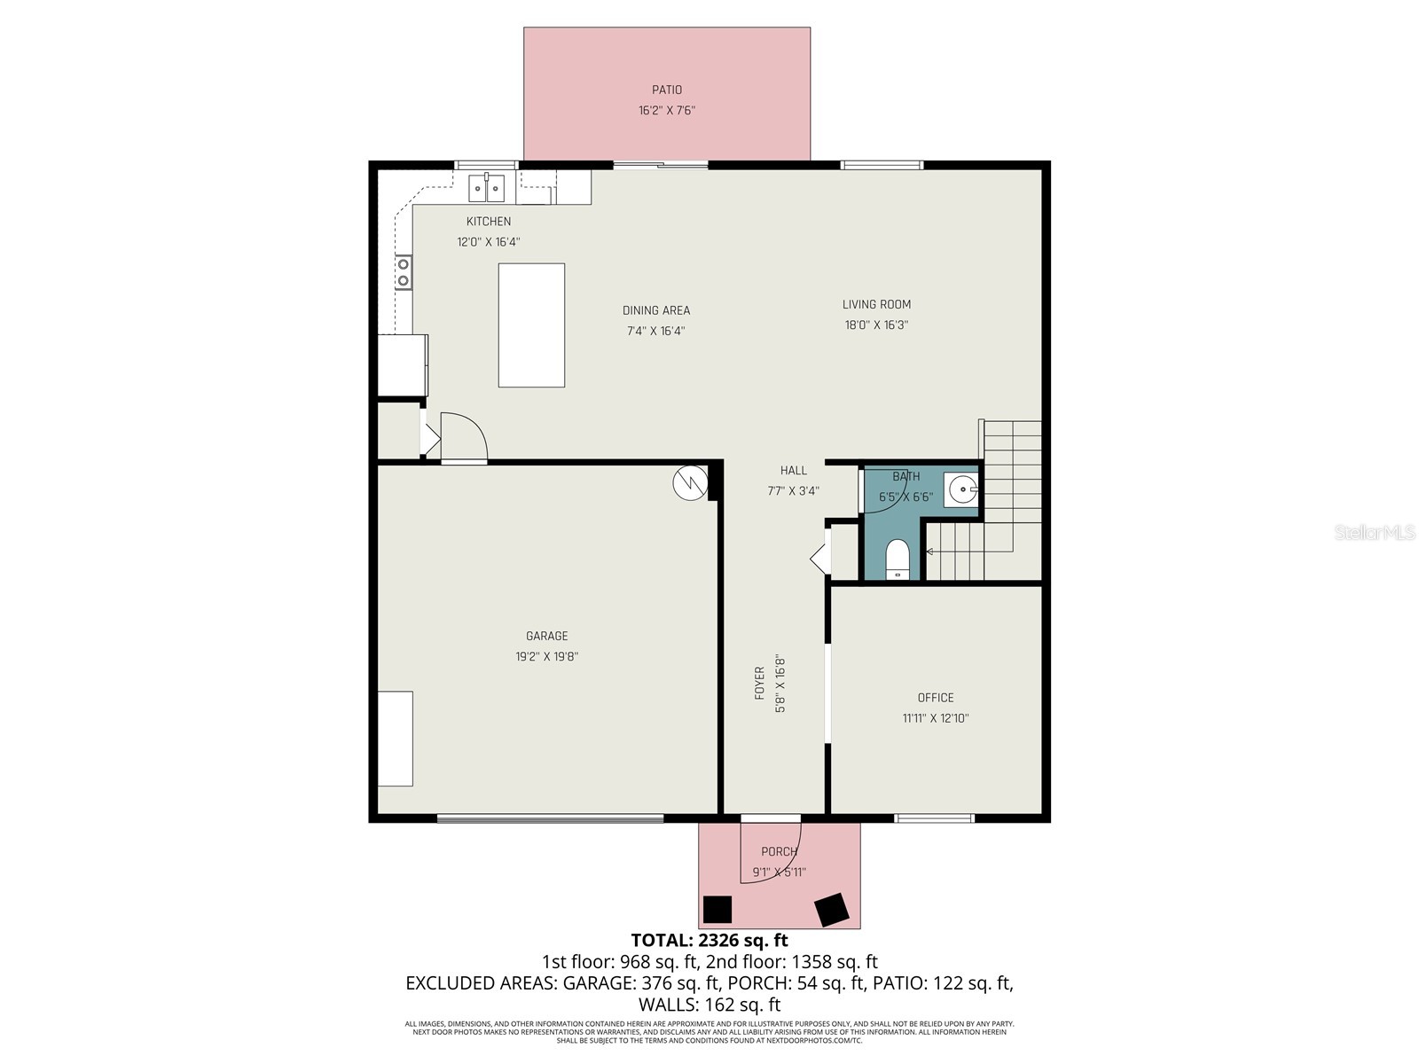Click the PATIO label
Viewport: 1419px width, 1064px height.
pyautogui.click(x=667, y=90)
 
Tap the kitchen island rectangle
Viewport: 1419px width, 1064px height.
pyautogui.click(x=531, y=325)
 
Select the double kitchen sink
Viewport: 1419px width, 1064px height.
pyautogui.click(x=486, y=188)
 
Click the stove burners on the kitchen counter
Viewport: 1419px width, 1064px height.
pyautogui.click(x=404, y=271)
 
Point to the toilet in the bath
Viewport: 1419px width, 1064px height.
pyautogui.click(x=898, y=559)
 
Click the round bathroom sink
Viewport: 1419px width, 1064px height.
pyautogui.click(x=962, y=489)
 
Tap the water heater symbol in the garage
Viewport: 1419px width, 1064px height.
pyautogui.click(x=689, y=483)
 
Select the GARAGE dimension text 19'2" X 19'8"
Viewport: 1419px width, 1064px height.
pyautogui.click(x=547, y=657)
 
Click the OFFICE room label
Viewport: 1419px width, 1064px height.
pyautogui.click(x=936, y=698)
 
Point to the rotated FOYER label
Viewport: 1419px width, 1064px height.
pyautogui.click(x=760, y=684)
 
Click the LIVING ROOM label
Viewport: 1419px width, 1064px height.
pyautogui.click(x=876, y=304)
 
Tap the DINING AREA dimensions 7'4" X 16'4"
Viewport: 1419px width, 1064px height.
pyautogui.click(x=655, y=332)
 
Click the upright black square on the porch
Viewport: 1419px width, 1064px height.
pyautogui.click(x=717, y=909)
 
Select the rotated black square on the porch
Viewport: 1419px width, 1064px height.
pyautogui.click(x=832, y=909)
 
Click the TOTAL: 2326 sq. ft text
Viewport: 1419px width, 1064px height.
pyautogui.click(x=709, y=940)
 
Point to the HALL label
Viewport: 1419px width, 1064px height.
pyautogui.click(x=794, y=471)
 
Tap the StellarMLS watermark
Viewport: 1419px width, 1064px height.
pyautogui.click(x=1375, y=533)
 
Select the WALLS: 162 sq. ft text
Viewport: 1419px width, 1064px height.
pyautogui.click(x=709, y=1005)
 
